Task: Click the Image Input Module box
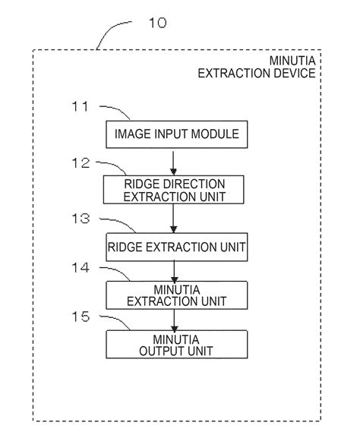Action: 176,135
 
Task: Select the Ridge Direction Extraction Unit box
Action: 176,190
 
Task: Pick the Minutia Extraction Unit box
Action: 176,295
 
